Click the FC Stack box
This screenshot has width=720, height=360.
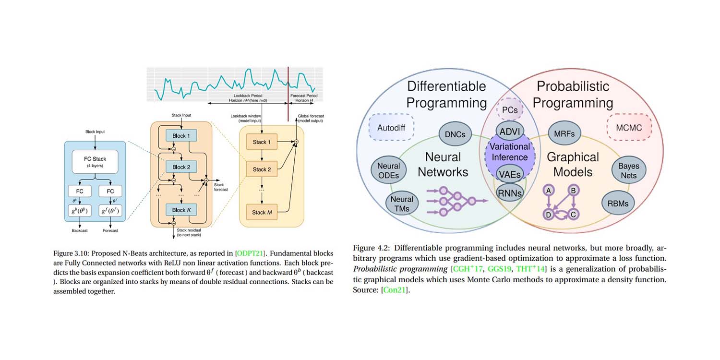(95, 161)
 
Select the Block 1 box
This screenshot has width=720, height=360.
(178, 136)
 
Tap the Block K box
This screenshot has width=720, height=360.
(178, 210)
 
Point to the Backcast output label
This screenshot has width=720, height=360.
(80, 231)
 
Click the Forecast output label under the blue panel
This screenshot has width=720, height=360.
(110, 231)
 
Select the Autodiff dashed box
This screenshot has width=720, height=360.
(391, 127)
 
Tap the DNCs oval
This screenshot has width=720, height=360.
(455, 134)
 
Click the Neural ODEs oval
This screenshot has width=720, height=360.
(389, 171)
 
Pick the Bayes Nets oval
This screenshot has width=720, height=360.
(628, 171)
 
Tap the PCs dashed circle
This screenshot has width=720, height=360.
(509, 110)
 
